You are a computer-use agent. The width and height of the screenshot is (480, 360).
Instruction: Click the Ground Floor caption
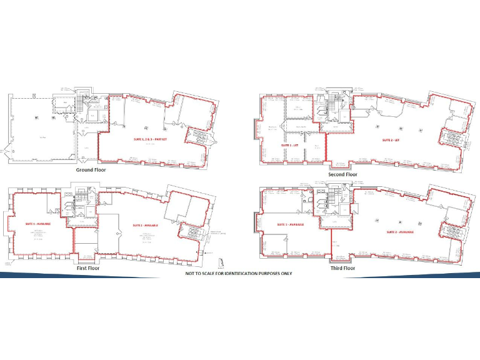coord(93,169)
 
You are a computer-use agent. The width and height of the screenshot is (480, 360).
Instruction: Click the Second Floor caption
coord(342,174)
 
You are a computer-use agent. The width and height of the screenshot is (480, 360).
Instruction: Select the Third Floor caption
coord(342,268)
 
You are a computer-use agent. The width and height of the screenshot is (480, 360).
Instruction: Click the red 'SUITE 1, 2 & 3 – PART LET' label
coord(152,137)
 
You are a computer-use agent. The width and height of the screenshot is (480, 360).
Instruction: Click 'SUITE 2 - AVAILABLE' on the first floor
coord(146,225)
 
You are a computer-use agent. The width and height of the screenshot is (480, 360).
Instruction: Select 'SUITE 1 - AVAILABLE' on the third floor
coord(291,224)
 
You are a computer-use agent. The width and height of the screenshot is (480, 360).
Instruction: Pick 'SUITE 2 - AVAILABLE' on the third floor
coord(400,231)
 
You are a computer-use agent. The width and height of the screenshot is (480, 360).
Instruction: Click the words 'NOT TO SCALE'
coord(202,274)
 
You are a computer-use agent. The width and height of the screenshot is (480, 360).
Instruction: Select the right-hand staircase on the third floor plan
coord(448,231)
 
